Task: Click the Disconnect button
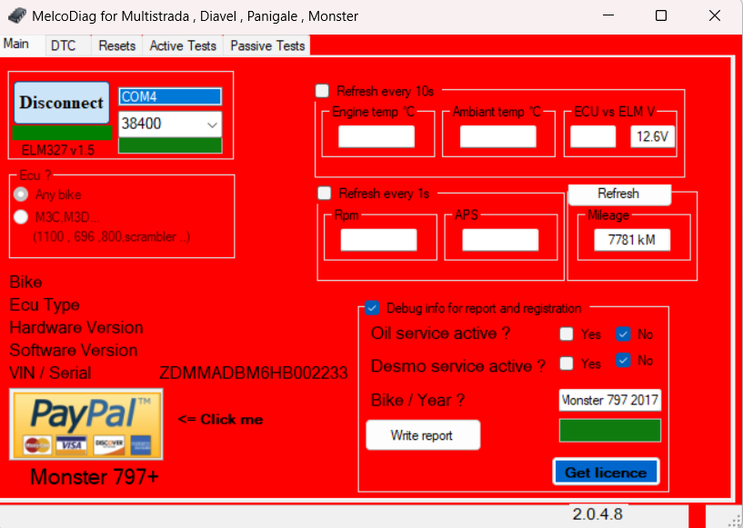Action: pyautogui.click(x=62, y=103)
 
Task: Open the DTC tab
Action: pyautogui.click(x=64, y=45)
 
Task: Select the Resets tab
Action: pyautogui.click(x=117, y=45)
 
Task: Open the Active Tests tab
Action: pyautogui.click(x=183, y=45)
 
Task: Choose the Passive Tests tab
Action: pyautogui.click(x=267, y=45)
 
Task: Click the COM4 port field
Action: pyautogui.click(x=170, y=96)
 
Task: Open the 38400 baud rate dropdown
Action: pyautogui.click(x=170, y=125)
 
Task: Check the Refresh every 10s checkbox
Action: pyautogui.click(x=322, y=91)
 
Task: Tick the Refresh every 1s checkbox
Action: pyautogui.click(x=325, y=194)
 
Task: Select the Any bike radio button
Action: pyautogui.click(x=21, y=194)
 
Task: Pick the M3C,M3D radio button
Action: pyautogui.click(x=21, y=217)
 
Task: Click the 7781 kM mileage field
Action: pyautogui.click(x=632, y=240)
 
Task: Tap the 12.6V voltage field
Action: pyautogui.click(x=652, y=136)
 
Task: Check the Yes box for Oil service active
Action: pyautogui.click(x=567, y=334)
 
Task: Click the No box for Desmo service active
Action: pyautogui.click(x=623, y=361)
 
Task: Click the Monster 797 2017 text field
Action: pyautogui.click(x=610, y=400)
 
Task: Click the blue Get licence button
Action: pyautogui.click(x=606, y=473)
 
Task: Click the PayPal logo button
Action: pyautogui.click(x=86, y=423)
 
